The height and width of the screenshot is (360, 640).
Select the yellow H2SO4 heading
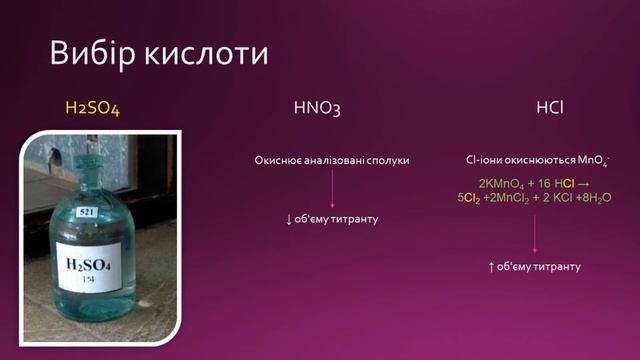click(x=92, y=108)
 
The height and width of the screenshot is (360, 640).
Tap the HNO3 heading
click(x=318, y=108)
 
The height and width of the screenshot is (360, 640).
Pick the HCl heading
click(x=549, y=108)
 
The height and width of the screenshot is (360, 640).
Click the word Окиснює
click(x=278, y=160)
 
